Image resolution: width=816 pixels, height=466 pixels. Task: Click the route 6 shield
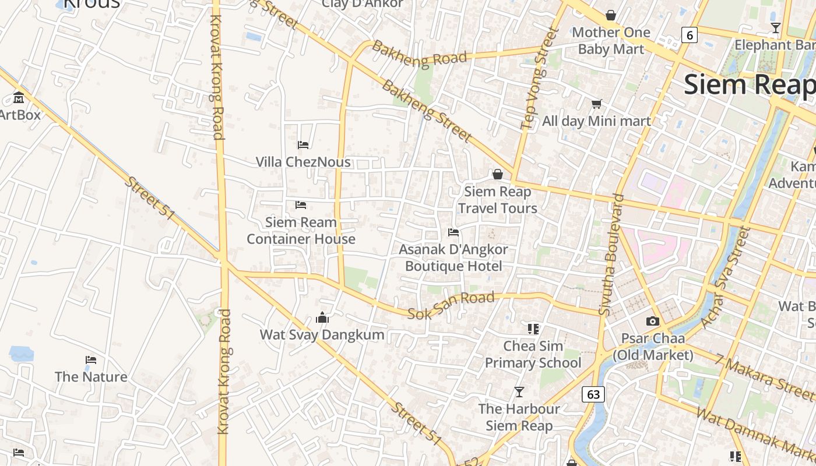690,35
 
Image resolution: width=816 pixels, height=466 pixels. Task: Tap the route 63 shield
593,394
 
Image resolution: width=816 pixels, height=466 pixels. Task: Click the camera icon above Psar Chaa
652,321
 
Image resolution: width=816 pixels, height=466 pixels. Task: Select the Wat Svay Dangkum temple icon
322,317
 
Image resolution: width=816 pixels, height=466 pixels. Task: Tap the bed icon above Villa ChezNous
303,144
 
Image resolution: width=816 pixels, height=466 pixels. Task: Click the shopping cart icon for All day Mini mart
596,104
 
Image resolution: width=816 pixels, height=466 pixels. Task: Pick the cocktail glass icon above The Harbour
519,391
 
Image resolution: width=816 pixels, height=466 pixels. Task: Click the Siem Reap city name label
749,84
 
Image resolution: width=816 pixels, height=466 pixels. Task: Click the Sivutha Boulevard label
611,255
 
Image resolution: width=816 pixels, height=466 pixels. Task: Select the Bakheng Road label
420,54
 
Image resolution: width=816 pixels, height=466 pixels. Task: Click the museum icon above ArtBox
19,97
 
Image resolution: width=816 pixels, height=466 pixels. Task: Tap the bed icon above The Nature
90,360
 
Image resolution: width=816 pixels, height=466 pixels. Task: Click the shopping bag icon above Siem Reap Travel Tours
497,174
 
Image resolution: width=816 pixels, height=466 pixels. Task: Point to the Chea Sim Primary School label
533,354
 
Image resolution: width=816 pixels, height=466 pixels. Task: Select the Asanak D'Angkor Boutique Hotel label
453,257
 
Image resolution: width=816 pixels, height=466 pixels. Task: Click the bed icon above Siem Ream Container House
301,204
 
